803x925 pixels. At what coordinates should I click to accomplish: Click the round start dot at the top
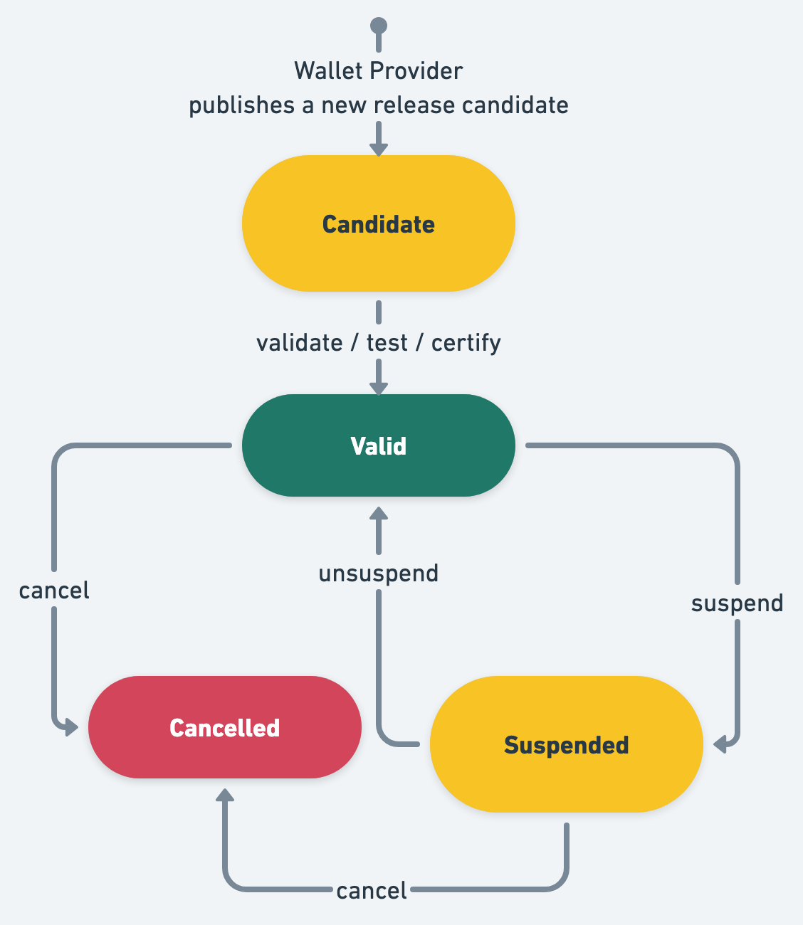(x=379, y=26)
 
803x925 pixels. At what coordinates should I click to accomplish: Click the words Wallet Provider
(x=379, y=71)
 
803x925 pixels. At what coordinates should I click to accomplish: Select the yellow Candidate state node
(x=379, y=223)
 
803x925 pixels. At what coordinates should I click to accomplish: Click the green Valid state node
(x=379, y=445)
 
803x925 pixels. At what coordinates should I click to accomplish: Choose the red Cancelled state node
(x=225, y=727)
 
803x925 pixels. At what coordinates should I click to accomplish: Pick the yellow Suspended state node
(x=567, y=744)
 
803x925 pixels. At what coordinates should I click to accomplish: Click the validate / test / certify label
(x=379, y=343)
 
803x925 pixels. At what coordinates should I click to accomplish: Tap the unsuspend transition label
(x=379, y=573)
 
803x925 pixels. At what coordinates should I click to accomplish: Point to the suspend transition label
(x=737, y=603)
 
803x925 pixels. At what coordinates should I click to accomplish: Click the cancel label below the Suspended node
(x=372, y=890)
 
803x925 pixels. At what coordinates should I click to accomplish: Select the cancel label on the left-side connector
(x=54, y=591)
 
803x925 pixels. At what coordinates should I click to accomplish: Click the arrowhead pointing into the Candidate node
(x=379, y=149)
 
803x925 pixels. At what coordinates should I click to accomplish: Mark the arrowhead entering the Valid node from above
(x=379, y=388)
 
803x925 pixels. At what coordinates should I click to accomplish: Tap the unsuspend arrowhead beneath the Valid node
(x=379, y=514)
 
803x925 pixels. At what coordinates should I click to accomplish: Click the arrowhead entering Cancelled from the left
(x=71, y=727)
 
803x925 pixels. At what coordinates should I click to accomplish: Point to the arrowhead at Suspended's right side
(x=720, y=744)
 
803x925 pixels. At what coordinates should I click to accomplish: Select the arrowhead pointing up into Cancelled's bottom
(x=225, y=795)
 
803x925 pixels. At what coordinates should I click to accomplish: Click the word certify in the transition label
(x=466, y=343)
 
